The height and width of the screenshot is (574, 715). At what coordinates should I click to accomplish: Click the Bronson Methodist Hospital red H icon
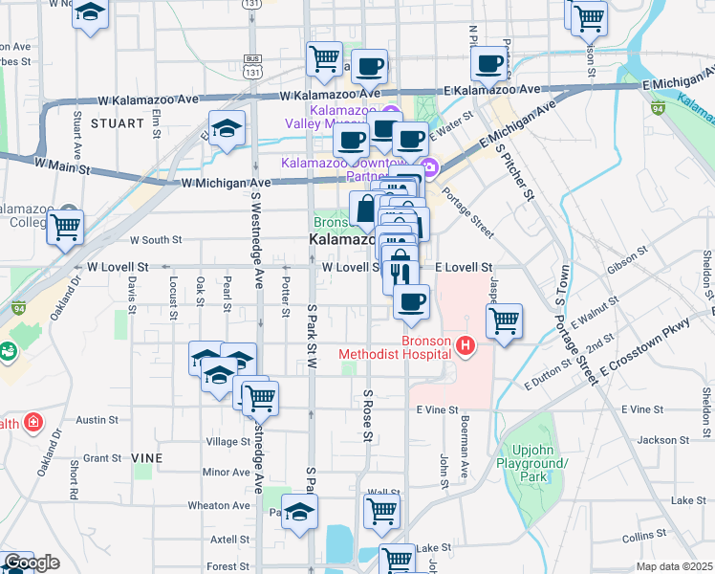coord(466,345)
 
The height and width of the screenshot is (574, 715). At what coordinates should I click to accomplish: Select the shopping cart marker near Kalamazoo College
coord(65,228)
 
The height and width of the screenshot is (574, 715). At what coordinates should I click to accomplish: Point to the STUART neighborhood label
coord(116,123)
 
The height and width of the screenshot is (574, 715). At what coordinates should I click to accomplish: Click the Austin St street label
coord(97,420)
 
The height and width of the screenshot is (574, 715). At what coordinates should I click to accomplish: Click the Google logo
coord(32,563)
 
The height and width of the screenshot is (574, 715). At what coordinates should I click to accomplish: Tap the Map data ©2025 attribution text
coord(675,566)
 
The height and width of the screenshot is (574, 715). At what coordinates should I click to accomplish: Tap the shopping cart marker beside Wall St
coord(381,510)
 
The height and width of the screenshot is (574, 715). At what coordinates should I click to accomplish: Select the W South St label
coord(156,241)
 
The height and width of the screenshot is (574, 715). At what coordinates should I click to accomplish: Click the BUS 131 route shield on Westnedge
coord(252,66)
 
